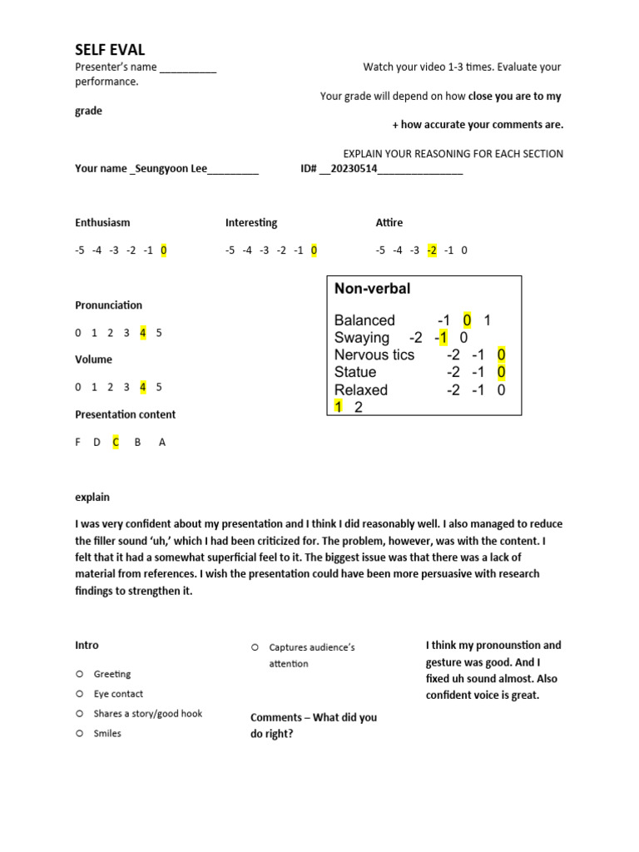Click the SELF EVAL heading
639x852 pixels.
(110, 50)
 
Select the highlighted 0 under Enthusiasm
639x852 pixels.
(164, 250)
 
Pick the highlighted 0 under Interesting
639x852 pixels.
(314, 250)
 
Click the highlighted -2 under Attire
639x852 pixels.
(431, 250)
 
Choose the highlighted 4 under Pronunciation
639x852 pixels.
(143, 333)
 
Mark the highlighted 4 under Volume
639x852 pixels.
(143, 387)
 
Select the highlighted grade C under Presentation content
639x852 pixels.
(116, 443)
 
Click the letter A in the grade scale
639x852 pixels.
(162, 443)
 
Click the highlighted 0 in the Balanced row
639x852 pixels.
(468, 320)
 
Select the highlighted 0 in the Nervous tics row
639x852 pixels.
(501, 355)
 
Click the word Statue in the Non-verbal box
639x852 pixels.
(355, 372)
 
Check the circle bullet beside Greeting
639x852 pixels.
(79, 674)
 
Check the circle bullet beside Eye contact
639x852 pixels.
(79, 693)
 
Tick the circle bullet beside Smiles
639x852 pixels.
(79, 733)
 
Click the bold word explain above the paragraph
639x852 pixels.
(92, 498)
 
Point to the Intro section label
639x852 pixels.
(87, 645)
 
